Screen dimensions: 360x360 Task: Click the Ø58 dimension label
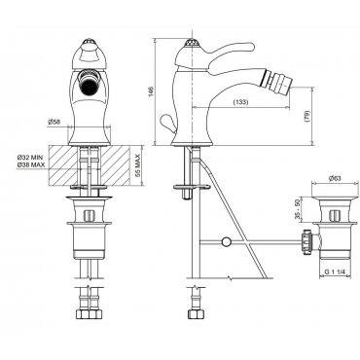tap(54, 122)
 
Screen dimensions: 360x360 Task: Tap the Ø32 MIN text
tap(30, 158)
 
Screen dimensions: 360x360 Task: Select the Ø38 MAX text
tap(31, 164)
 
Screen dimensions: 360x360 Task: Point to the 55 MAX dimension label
tap(137, 165)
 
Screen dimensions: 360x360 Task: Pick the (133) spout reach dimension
tap(240, 102)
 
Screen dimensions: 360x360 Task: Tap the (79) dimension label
tap(306, 116)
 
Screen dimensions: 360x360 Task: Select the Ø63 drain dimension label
tap(335, 178)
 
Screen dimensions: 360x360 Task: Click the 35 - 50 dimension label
tap(298, 210)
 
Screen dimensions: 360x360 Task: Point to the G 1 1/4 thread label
tap(335, 272)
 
